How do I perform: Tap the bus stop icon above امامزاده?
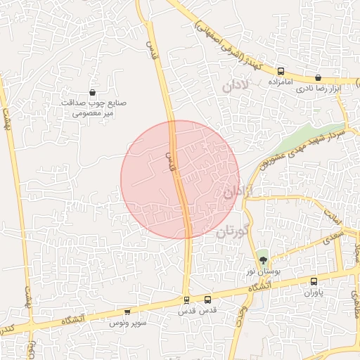281,71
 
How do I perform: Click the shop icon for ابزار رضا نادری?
318,78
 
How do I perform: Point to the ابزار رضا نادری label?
318,89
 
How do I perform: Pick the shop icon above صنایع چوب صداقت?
93,92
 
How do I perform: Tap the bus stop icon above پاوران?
314,281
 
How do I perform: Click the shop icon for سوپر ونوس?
127,311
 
